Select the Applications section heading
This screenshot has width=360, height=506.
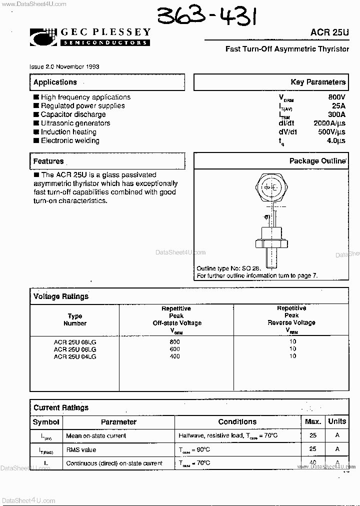click(55, 82)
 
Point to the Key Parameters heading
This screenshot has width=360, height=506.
click(318, 82)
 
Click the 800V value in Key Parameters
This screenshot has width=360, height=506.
click(336, 97)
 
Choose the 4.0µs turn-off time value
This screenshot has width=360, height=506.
click(335, 141)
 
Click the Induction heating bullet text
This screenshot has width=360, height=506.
click(68, 132)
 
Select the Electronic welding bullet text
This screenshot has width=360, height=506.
click(70, 140)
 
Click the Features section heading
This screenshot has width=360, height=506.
click(48, 161)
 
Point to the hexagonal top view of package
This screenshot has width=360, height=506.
click(270, 188)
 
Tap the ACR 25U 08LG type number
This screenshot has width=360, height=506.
click(75, 341)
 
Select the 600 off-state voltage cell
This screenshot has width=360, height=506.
click(175, 349)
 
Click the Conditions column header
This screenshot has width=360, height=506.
click(237, 422)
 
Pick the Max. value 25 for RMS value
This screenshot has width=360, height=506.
click(313, 449)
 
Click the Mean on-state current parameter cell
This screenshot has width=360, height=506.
click(96, 436)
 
